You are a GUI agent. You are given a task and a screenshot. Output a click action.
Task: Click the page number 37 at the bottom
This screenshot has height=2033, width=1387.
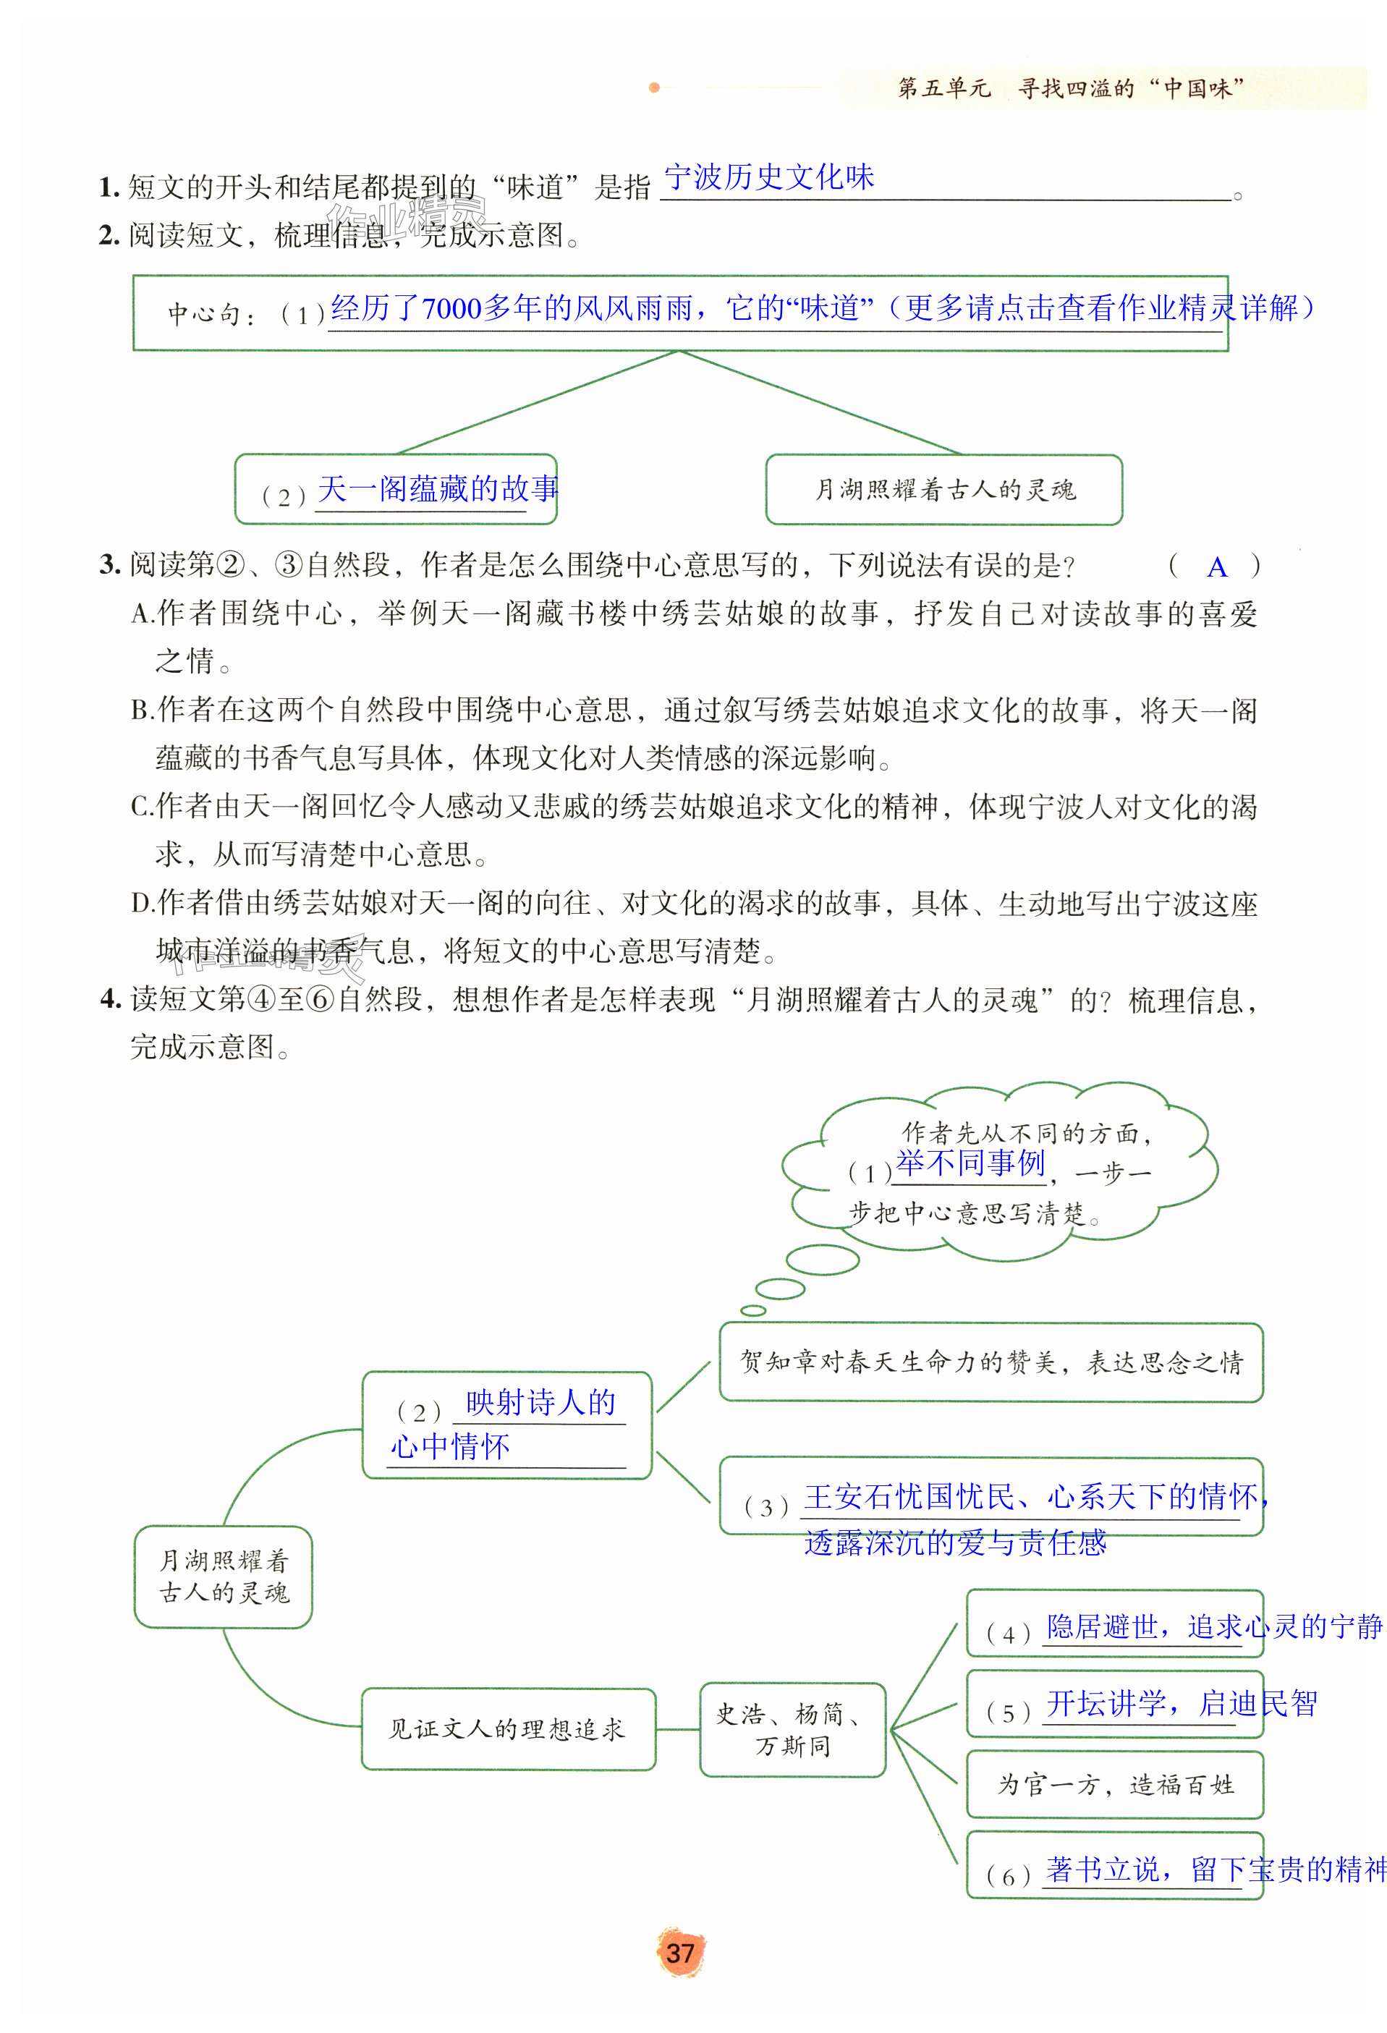pyautogui.click(x=680, y=1953)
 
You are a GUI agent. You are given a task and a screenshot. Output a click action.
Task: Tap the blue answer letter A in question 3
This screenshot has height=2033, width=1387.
pyautogui.click(x=1216, y=568)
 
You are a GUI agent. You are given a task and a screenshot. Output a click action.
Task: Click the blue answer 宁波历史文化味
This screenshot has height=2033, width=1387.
pyautogui.click(x=769, y=177)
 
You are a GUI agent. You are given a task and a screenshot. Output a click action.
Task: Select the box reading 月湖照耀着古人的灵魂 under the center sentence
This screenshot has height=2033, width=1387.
pyautogui.click(x=944, y=490)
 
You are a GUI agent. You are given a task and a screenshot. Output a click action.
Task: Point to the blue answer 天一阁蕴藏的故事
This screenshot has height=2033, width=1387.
pyautogui.click(x=437, y=489)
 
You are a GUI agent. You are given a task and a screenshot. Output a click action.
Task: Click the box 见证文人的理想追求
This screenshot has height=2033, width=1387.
pyautogui.click(x=507, y=1729)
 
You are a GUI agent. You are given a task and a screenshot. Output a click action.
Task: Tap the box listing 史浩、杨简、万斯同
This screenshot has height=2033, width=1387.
pyautogui.click(x=792, y=1729)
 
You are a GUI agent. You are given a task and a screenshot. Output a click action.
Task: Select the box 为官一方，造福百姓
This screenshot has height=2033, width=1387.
pyautogui.click(x=1115, y=1785)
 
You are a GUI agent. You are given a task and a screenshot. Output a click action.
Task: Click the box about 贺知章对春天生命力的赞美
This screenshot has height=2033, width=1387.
pyautogui.click(x=991, y=1362)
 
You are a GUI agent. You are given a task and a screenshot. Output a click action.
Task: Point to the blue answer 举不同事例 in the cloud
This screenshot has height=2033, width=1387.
pyautogui.click(x=970, y=1163)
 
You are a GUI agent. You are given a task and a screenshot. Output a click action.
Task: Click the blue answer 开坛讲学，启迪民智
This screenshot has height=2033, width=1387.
pyautogui.click(x=1182, y=1702)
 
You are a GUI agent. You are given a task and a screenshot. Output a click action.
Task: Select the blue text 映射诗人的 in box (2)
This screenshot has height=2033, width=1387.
pyautogui.click(x=540, y=1402)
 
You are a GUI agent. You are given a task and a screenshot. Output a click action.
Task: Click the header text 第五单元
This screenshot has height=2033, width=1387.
pyautogui.click(x=943, y=88)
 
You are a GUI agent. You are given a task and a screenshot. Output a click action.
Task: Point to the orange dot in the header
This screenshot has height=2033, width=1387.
pyautogui.click(x=653, y=88)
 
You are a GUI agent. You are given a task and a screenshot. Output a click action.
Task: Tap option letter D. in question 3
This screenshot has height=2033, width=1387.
pyautogui.click(x=142, y=903)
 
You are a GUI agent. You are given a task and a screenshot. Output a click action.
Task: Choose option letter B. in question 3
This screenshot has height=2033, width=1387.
pyautogui.click(x=142, y=710)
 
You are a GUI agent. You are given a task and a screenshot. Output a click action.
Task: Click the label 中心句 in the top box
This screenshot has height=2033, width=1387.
pyautogui.click(x=203, y=314)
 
